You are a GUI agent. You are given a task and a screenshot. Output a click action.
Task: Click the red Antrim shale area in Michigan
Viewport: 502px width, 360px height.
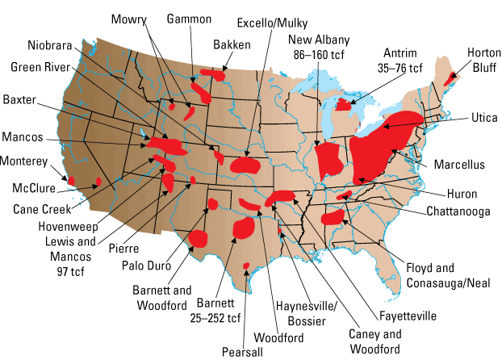pyautogui.click(x=344, y=104)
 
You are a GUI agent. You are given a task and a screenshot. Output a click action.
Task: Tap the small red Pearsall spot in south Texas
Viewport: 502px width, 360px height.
pyautogui.click(x=245, y=266)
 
